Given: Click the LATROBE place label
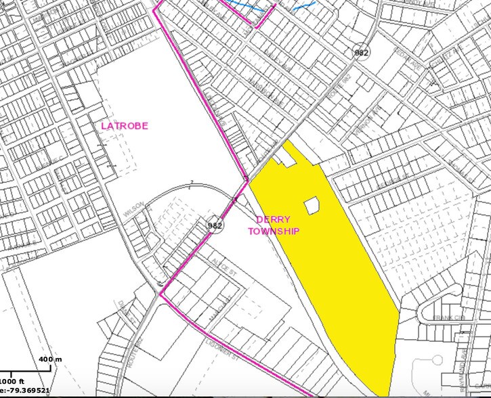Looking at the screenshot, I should pos(125,126).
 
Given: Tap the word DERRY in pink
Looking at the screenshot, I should pos(273,220).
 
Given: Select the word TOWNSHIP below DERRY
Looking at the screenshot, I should pos(273,231).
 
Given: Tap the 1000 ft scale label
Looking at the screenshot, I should pos(13,381).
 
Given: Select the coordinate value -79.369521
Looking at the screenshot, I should pos(27,391).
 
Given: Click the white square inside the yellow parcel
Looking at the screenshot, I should pos(312,206).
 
